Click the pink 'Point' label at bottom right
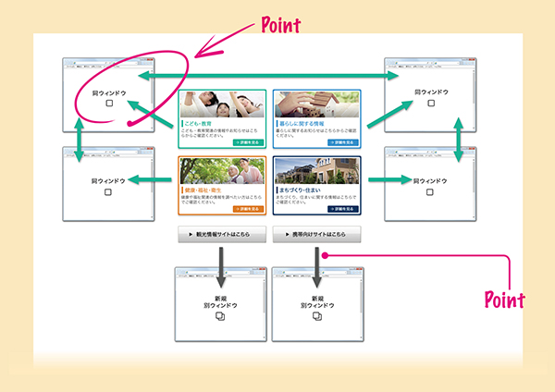click(x=505, y=300)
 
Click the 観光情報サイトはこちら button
click(x=222, y=235)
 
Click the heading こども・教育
click(x=203, y=121)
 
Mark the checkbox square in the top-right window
click(x=430, y=105)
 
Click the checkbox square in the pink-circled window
click(x=108, y=105)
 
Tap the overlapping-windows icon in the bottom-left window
click(x=220, y=316)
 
